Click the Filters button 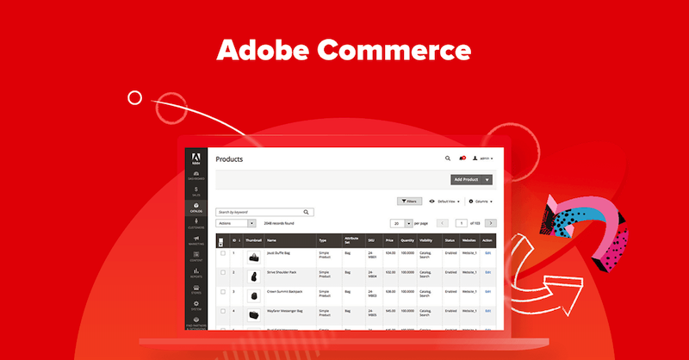click(x=409, y=201)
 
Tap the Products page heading click(x=229, y=159)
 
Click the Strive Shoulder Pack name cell click(x=282, y=272)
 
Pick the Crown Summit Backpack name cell click(x=285, y=291)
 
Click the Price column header click(x=389, y=241)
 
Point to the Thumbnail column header click(x=253, y=241)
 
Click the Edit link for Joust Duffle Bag click(x=487, y=253)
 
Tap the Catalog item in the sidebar click(x=196, y=208)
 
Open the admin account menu click(x=483, y=158)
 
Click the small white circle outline click(x=134, y=98)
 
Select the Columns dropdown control click(x=481, y=201)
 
